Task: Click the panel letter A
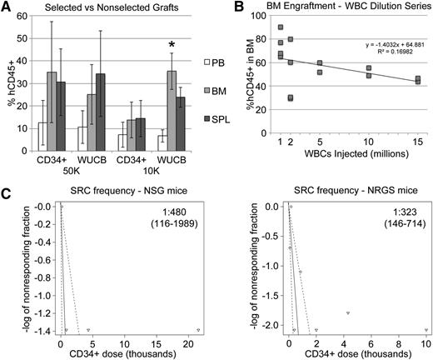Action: (7, 7)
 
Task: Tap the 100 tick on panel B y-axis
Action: (267, 18)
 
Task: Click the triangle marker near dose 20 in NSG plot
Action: (198, 330)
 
